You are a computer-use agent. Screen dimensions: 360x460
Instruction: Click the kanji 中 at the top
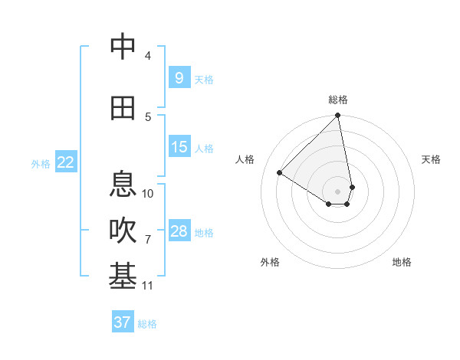pyautogui.click(x=123, y=47)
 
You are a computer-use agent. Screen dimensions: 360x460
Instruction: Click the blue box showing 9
pyautogui.click(x=179, y=77)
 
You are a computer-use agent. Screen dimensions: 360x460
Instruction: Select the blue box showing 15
pyautogui.click(x=179, y=147)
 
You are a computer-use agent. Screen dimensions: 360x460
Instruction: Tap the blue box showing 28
pyautogui.click(x=179, y=231)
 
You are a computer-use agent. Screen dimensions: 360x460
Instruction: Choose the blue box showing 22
pyautogui.click(x=66, y=162)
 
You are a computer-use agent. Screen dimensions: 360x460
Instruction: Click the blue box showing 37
pyautogui.click(x=122, y=322)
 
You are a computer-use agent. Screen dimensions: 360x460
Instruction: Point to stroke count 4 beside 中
pyautogui.click(x=148, y=56)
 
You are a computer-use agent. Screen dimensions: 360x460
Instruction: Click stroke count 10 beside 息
pyautogui.click(x=148, y=193)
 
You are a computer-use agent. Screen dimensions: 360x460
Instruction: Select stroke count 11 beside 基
pyautogui.click(x=148, y=286)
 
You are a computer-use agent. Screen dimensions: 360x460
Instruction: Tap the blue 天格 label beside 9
pyautogui.click(x=203, y=79)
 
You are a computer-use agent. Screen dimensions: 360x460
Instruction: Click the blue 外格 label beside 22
pyautogui.click(x=41, y=163)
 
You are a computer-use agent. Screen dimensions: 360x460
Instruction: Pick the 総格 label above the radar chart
pyautogui.click(x=338, y=100)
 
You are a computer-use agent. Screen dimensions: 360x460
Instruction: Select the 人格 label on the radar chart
pyautogui.click(x=245, y=159)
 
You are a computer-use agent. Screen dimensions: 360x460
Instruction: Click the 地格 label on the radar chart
pyautogui.click(x=402, y=262)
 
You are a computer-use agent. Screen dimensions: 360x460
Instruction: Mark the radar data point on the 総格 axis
pyautogui.click(x=338, y=116)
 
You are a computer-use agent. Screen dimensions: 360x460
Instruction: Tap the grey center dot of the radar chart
pyautogui.click(x=338, y=191)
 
